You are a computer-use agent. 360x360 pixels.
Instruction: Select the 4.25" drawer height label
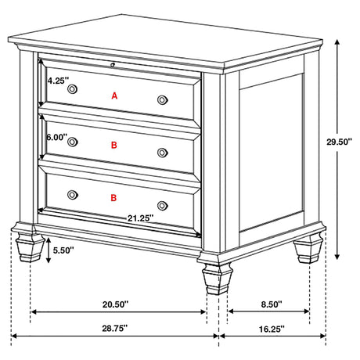(59, 81)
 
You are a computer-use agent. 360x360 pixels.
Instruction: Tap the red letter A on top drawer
(114, 95)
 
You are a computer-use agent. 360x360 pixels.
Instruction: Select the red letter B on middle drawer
(114, 146)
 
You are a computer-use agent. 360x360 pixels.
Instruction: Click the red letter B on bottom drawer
(114, 199)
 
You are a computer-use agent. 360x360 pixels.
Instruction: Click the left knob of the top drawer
(72, 91)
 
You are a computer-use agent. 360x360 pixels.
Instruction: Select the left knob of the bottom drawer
(72, 194)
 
